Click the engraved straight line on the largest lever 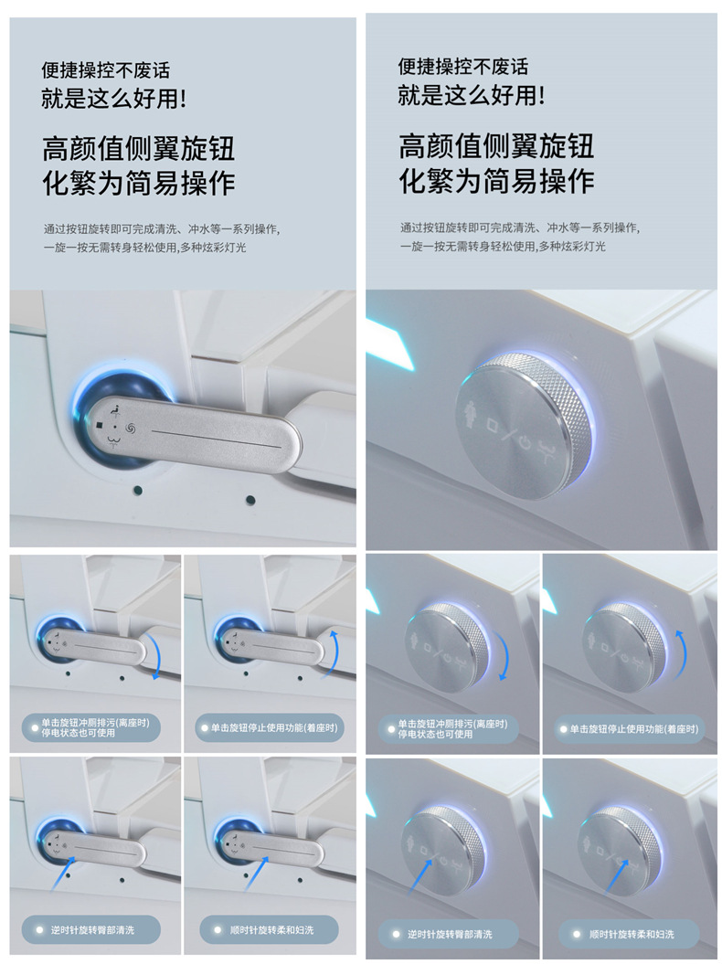[216, 436]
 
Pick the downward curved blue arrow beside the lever [161, 657]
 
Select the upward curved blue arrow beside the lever [337, 651]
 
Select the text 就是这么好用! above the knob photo [472, 95]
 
